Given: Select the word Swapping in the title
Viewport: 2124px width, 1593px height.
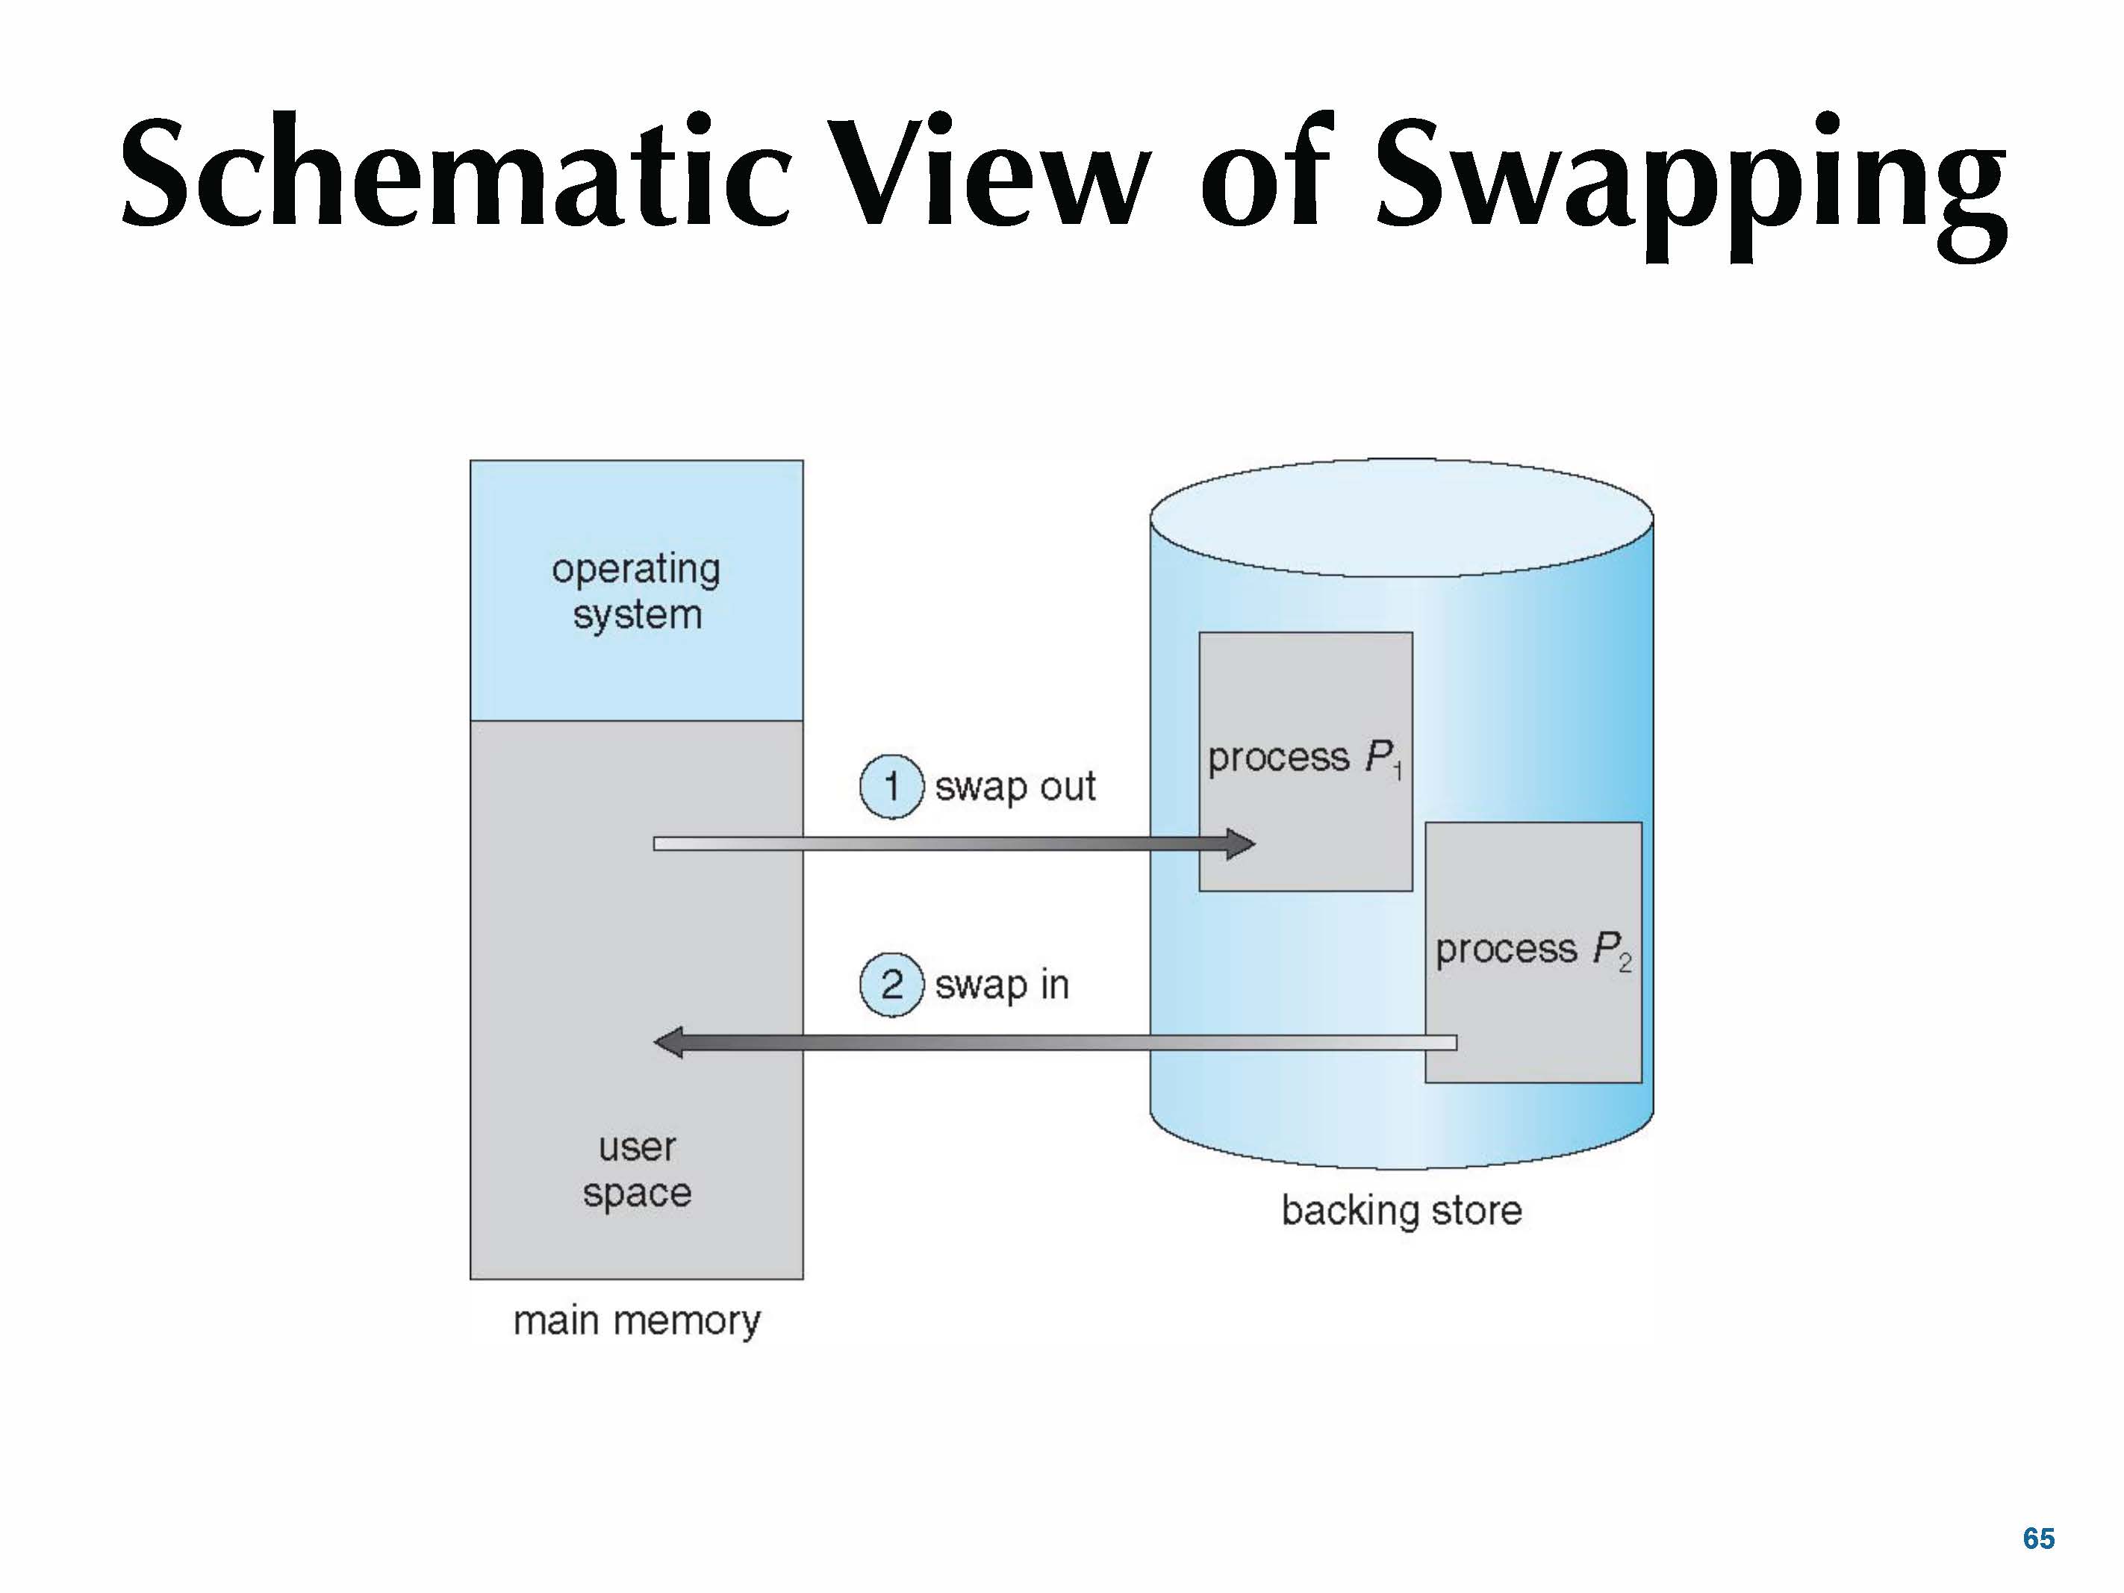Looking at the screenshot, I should (x=1691, y=178).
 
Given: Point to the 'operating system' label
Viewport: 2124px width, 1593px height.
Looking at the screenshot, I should (x=635, y=590).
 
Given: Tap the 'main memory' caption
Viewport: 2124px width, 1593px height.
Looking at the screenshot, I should (x=637, y=1321).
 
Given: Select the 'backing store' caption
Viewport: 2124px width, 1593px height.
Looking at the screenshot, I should (x=1402, y=1211).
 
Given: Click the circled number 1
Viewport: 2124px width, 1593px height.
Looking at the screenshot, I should (x=891, y=786).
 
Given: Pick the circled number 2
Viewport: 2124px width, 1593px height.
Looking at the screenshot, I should (x=891, y=984).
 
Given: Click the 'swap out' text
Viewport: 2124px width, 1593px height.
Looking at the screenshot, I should (x=1015, y=786).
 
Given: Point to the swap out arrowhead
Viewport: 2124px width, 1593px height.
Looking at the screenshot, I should (x=1241, y=844).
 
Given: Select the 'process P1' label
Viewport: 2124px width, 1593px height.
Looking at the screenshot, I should (x=1305, y=758).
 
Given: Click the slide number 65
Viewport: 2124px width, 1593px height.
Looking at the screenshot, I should (x=2039, y=1539).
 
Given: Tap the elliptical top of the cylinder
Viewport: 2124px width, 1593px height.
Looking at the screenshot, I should (x=1402, y=519).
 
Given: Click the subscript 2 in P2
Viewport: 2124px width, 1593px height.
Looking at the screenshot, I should (x=1625, y=964).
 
